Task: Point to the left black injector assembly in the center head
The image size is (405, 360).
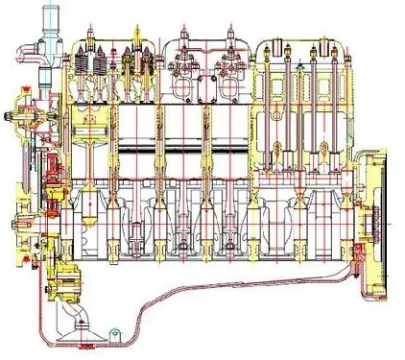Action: [x=183, y=72]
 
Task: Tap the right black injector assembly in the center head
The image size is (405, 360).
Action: [x=230, y=72]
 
